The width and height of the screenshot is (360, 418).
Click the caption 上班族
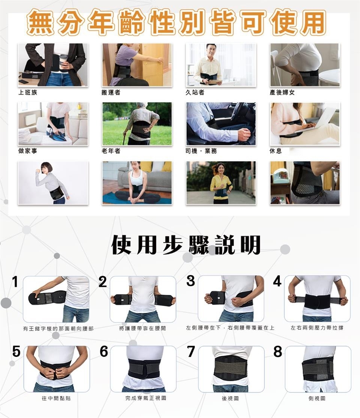click(28, 93)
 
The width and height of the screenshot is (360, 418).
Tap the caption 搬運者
click(111, 93)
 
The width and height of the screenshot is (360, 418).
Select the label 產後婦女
click(282, 93)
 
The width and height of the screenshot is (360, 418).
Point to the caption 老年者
click(111, 151)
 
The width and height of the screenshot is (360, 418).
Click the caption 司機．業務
click(201, 151)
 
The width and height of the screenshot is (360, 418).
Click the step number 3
click(190, 281)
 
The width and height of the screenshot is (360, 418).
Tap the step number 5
click(16, 351)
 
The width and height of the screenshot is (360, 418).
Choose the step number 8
click(277, 351)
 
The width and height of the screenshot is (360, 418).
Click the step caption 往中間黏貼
click(56, 398)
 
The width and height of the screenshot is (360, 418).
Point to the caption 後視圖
click(230, 399)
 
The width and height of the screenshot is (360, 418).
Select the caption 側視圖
click(317, 399)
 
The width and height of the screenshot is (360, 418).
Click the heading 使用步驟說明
click(186, 245)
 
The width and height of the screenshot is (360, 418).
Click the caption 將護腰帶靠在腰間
click(142, 328)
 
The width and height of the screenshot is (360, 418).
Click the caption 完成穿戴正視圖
click(146, 398)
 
